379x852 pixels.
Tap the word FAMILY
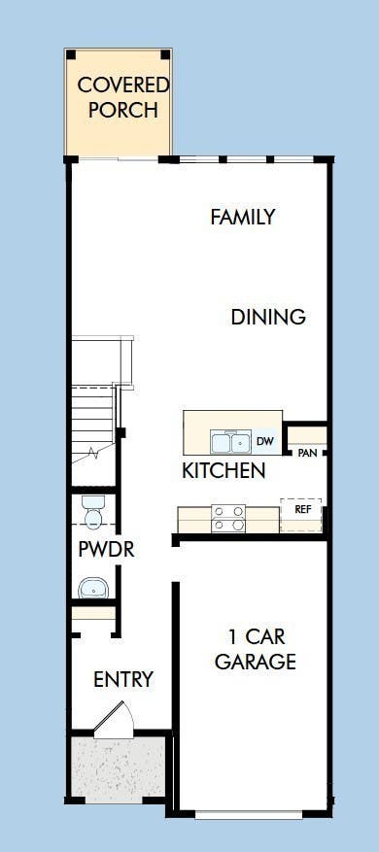click(243, 218)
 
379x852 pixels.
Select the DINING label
click(268, 317)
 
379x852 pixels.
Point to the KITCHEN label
click(224, 470)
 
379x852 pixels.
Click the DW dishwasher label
click(264, 442)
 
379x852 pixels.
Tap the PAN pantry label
click(307, 453)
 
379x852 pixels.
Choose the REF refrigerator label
click(302, 510)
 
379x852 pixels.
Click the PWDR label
click(106, 549)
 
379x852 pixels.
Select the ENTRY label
click(123, 679)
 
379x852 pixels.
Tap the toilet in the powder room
click(92, 512)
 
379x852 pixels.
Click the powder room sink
click(93, 588)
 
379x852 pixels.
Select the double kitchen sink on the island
click(230, 442)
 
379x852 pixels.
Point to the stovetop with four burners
click(228, 519)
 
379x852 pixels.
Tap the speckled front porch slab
click(119, 767)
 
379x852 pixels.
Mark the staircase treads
click(93, 424)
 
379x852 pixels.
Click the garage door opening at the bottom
click(249, 815)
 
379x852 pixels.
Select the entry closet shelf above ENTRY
click(93, 613)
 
